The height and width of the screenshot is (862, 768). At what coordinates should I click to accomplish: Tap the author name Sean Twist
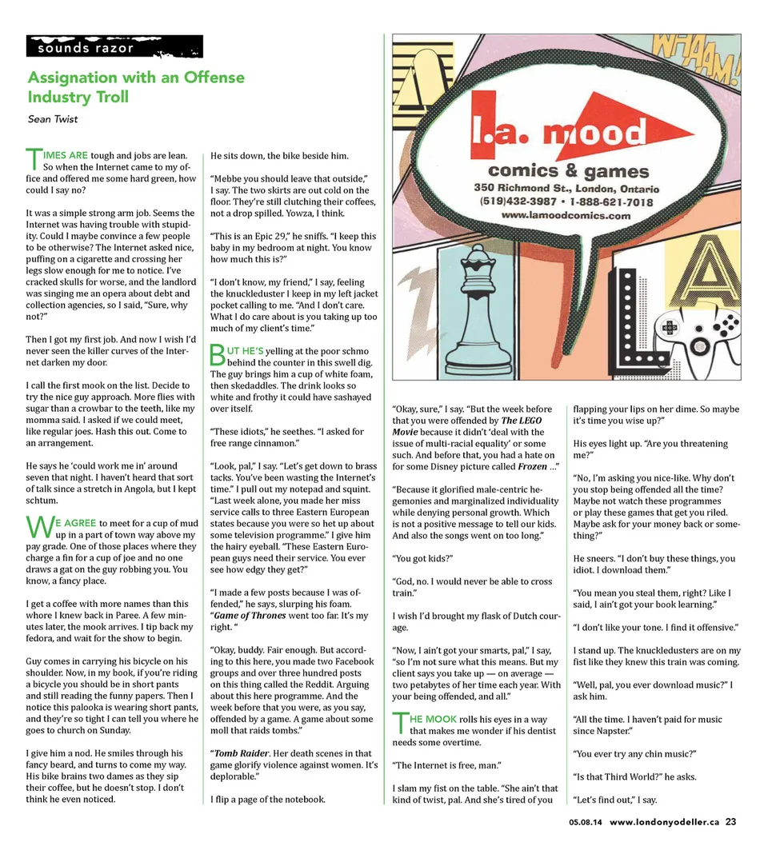[53, 119]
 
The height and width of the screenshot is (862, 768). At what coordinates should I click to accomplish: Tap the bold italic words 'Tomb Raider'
[242, 753]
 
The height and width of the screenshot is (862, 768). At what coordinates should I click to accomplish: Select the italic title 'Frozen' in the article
[532, 466]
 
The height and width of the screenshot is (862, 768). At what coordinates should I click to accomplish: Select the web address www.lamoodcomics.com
[566, 216]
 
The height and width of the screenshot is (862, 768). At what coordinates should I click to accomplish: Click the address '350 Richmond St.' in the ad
[520, 189]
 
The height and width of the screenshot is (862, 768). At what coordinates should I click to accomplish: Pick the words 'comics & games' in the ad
[568, 171]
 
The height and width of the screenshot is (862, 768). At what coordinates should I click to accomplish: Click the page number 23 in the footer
[730, 821]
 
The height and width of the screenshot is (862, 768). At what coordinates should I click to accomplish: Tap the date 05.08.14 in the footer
[586, 822]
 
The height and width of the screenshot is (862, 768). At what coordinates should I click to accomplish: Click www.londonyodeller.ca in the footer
[664, 821]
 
